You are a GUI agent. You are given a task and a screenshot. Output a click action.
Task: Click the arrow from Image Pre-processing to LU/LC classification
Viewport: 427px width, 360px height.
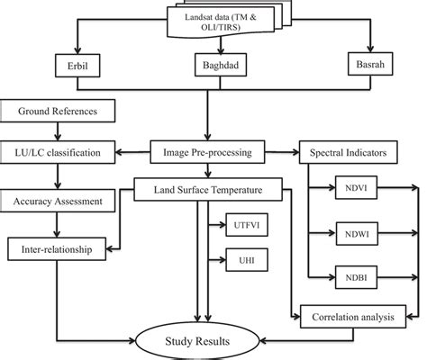(135, 148)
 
